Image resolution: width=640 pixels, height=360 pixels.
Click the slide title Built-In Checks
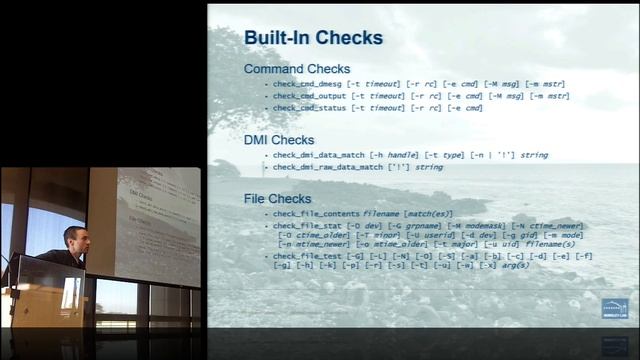tap(313, 38)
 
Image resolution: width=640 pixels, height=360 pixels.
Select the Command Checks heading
tap(297, 69)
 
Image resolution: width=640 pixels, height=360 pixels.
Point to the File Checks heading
tap(278, 200)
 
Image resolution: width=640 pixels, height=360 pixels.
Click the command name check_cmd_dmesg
tap(307, 84)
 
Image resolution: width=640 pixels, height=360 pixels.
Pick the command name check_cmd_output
tap(309, 96)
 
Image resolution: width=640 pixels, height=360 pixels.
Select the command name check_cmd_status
tap(309, 108)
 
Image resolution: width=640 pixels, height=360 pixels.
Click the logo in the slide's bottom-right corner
tap(614, 308)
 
